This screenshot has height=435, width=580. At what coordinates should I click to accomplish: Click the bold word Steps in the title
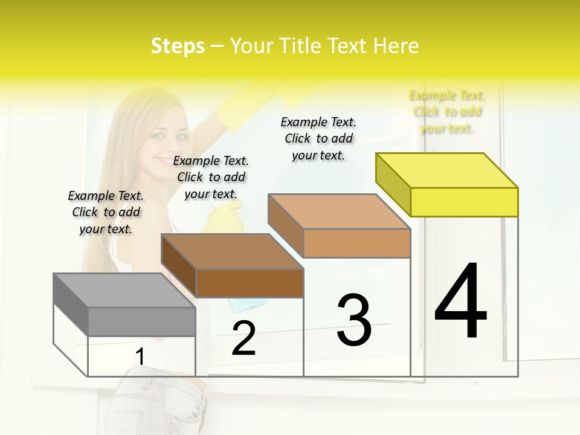click(178, 46)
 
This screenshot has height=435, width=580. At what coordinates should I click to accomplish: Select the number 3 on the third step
click(353, 320)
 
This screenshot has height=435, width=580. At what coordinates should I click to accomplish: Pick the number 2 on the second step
click(243, 338)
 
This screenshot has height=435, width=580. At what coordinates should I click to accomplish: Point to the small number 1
click(140, 356)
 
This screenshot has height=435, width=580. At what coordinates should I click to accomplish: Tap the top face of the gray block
click(124, 291)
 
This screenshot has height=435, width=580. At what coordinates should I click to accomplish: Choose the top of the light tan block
click(340, 211)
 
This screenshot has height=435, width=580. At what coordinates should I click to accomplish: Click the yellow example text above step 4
click(447, 112)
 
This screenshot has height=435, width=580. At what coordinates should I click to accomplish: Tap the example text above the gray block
click(106, 212)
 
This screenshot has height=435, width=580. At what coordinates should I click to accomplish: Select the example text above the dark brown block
click(211, 177)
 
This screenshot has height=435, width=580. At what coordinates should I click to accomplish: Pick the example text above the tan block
click(318, 138)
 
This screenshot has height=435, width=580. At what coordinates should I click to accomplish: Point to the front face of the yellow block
click(464, 202)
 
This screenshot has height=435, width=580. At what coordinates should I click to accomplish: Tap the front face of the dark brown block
click(250, 283)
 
